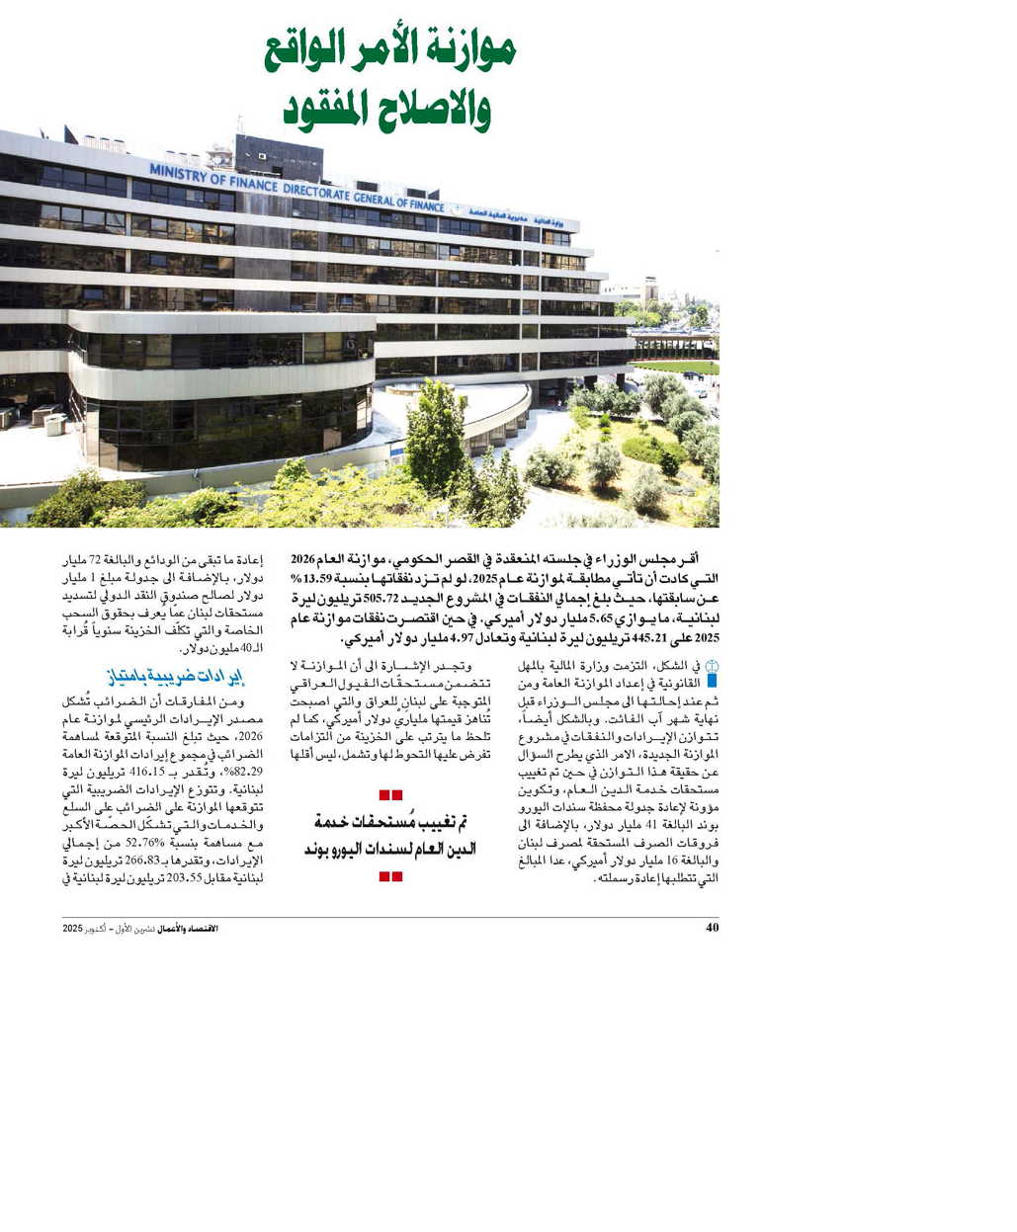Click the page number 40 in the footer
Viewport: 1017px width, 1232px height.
712,928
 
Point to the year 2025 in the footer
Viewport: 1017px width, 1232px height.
73,929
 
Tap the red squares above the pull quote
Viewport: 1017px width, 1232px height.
391,794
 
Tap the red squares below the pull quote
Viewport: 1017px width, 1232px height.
391,876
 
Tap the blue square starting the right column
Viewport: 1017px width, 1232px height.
711,681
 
